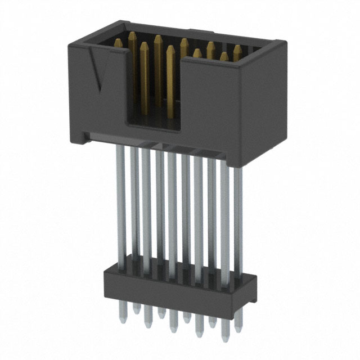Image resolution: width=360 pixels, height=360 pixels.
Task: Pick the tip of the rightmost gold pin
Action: click(237, 49)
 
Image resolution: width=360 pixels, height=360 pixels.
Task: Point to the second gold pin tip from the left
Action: click(132, 35)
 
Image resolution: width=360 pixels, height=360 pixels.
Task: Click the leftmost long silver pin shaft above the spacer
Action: click(120, 197)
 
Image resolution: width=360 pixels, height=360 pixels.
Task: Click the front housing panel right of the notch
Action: click(211, 107)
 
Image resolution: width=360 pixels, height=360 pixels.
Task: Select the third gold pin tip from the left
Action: click(145, 44)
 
